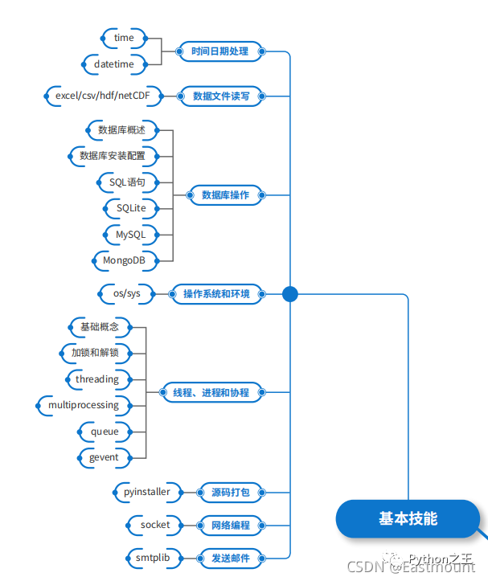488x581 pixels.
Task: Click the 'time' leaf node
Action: tap(124, 38)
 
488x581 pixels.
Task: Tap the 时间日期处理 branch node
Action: tap(219, 51)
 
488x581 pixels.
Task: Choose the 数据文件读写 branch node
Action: tap(221, 96)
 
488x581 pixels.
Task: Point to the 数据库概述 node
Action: tap(121, 129)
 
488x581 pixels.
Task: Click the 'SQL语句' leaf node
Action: tap(127, 182)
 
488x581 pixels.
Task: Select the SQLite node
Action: tap(131, 208)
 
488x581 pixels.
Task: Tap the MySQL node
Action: tap(130, 234)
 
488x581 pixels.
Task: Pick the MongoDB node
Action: tap(124, 260)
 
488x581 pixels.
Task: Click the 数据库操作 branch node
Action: tap(225, 194)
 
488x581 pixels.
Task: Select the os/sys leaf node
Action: tap(127, 293)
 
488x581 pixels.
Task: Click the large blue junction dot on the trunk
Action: tap(290, 294)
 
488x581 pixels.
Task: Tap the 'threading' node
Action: tap(96, 379)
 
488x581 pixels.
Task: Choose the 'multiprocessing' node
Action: tap(84, 405)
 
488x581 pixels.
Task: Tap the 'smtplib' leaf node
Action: tap(152, 557)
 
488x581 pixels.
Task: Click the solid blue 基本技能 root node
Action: tap(408, 519)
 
